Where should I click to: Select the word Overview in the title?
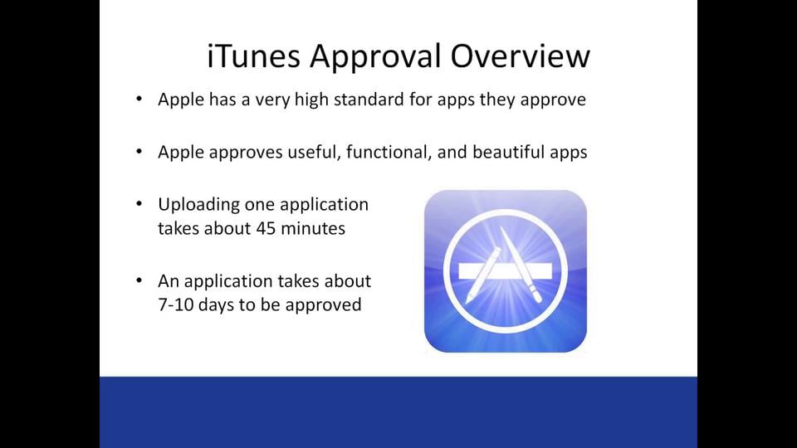coord(521,56)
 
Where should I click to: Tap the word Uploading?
coord(198,204)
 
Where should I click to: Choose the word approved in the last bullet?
coord(324,304)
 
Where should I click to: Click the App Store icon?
coord(505,271)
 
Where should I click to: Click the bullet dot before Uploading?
coord(139,204)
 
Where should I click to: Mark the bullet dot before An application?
coord(139,281)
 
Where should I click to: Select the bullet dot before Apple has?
coord(139,100)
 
